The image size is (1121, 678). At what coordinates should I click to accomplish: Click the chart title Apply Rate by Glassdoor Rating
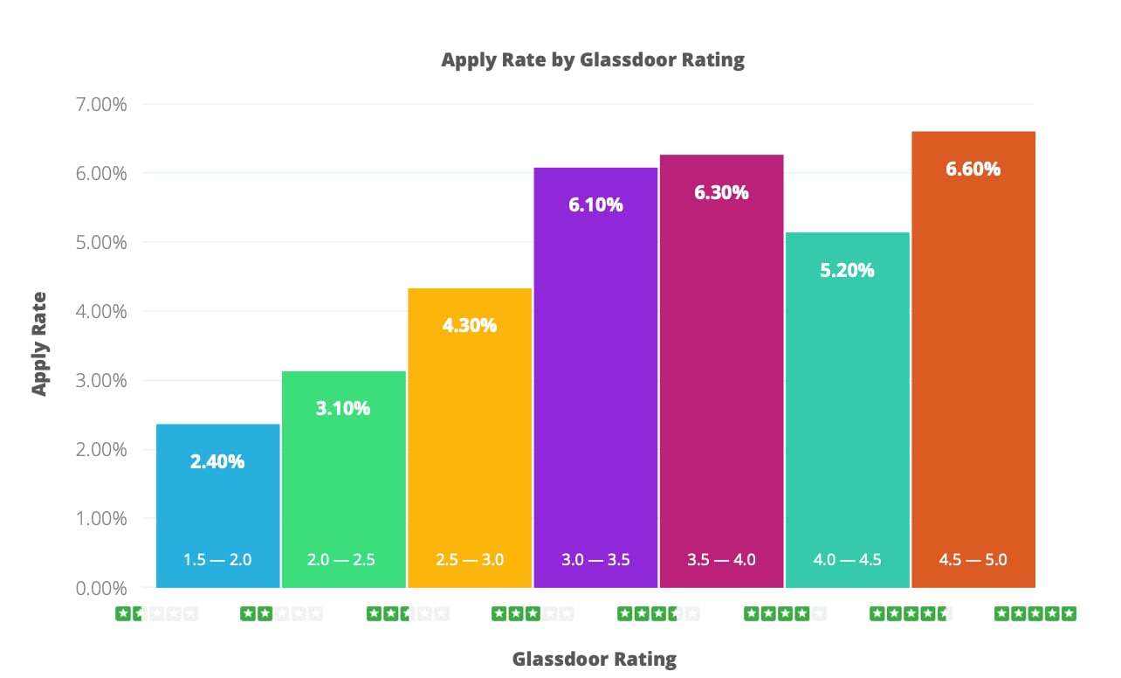[x=593, y=60]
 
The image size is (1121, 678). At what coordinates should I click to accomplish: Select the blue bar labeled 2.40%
[x=217, y=507]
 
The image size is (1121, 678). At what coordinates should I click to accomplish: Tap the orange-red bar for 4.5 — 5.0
[x=973, y=367]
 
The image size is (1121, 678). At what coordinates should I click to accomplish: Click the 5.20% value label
[x=847, y=271]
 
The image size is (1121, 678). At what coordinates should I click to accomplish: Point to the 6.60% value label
[x=973, y=169]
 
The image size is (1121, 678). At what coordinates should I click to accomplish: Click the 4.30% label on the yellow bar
[x=470, y=326]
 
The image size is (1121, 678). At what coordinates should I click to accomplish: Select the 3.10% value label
[x=343, y=408]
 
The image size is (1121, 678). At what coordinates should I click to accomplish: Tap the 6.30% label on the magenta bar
[x=721, y=193]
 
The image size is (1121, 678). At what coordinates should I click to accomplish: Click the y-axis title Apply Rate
[x=39, y=343]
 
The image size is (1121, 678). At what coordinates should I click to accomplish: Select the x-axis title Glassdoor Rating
[x=594, y=659]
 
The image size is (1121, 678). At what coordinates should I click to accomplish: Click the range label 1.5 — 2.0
[x=217, y=560]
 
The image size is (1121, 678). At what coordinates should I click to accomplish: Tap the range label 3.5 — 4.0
[x=721, y=560]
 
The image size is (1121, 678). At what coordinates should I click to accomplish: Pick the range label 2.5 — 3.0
[x=470, y=560]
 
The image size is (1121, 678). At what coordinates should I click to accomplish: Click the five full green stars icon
[x=1035, y=614]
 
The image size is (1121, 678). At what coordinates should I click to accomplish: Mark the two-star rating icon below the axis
[x=281, y=614]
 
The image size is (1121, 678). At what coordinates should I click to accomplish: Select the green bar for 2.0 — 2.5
[x=343, y=489]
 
